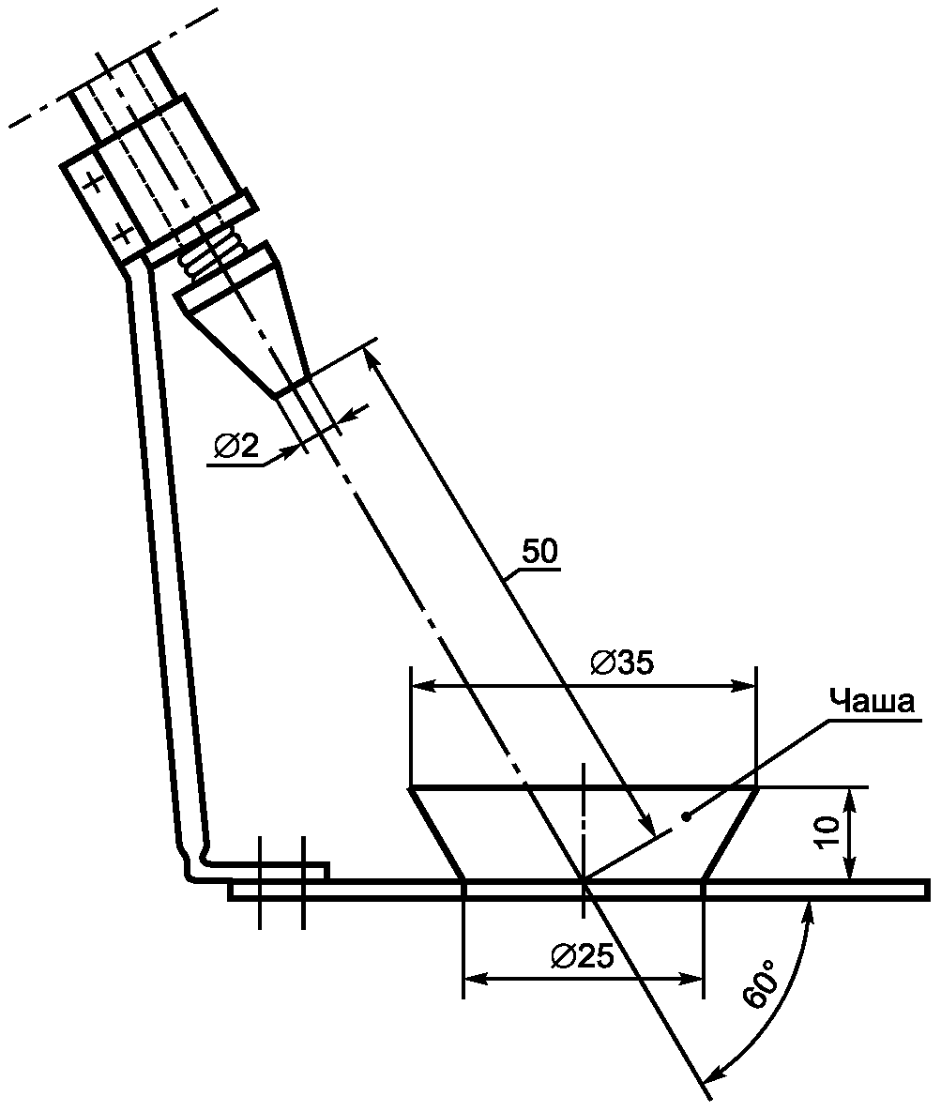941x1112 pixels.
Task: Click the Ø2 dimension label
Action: tap(236, 446)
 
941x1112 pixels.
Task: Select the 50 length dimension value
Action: tap(539, 551)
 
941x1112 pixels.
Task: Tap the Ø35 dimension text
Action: tap(622, 663)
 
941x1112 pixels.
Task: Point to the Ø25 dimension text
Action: tap(582, 956)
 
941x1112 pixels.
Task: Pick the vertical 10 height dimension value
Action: tap(827, 830)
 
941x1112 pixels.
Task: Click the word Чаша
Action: tap(873, 701)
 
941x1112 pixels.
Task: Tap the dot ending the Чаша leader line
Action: tap(686, 817)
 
